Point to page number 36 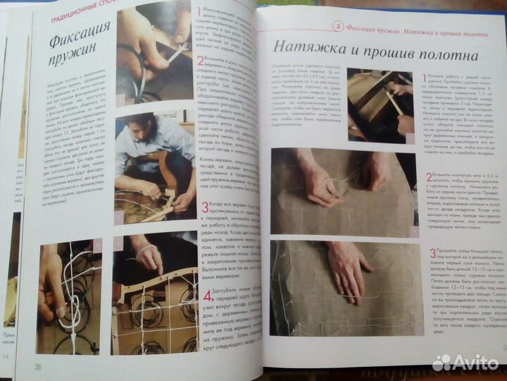(37, 365)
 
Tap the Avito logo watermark (468, 363)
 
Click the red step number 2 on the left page (201, 61)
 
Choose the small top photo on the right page (380, 102)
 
